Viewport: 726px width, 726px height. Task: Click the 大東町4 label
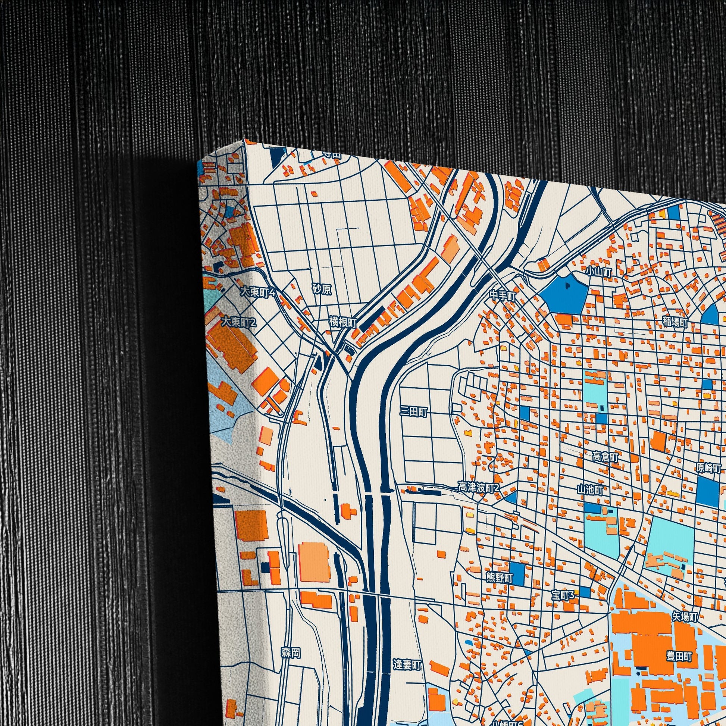258,292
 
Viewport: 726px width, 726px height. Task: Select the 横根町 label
343,322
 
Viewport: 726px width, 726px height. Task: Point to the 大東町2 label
238,322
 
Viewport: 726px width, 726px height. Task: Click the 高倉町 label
605,457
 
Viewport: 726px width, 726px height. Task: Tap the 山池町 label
589,490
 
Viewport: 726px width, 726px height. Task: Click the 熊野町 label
500,578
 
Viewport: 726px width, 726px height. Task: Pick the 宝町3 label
563,595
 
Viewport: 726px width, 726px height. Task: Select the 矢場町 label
685,617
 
